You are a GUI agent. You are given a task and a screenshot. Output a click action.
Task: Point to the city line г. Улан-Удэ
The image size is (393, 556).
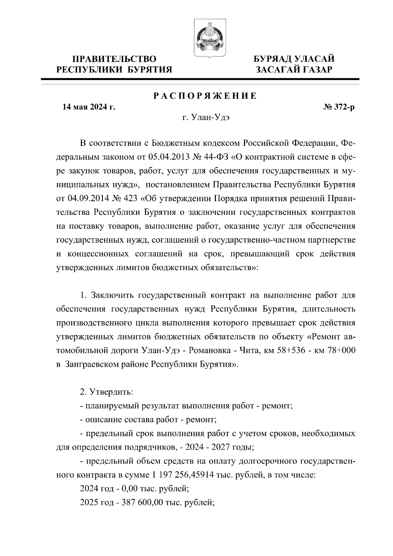coord(205,118)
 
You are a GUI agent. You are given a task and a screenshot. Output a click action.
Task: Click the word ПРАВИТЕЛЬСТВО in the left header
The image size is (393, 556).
coord(114,59)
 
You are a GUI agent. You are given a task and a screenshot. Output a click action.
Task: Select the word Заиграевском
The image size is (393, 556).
coord(91,364)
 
